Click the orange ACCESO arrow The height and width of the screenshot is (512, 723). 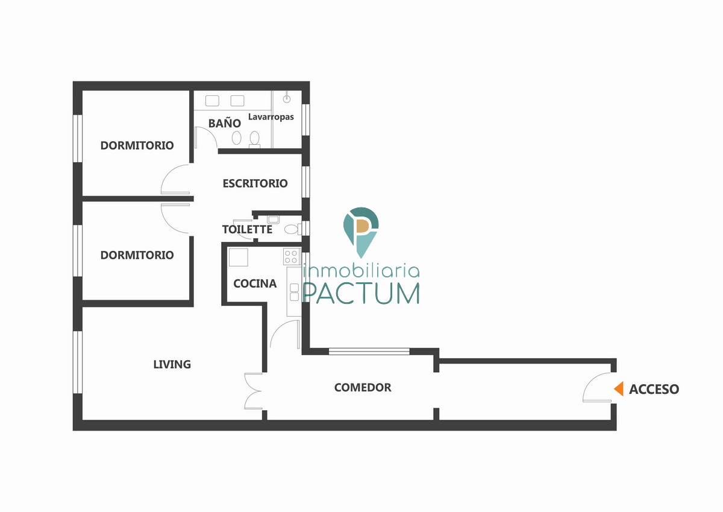tap(618, 389)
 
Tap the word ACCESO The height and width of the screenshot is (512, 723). tap(654, 390)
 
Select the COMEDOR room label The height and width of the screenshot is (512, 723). tap(363, 387)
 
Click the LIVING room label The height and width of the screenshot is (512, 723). tap(172, 364)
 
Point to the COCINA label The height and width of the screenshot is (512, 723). tap(255, 283)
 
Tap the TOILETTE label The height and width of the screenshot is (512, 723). tap(247, 230)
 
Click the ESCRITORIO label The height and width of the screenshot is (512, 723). tap(255, 183)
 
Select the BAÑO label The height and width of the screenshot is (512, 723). tap(224, 124)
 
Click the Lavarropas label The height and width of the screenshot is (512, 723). tap(271, 116)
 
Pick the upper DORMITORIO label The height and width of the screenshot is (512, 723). tap(137, 145)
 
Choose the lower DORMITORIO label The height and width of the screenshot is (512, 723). tap(137, 255)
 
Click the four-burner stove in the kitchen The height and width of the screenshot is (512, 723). tap(292, 256)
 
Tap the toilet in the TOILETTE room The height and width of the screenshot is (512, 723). tap(292, 229)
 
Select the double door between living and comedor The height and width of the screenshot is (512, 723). tap(253, 391)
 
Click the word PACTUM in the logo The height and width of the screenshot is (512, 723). tap(361, 292)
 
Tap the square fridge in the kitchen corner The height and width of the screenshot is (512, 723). tap(238, 258)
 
